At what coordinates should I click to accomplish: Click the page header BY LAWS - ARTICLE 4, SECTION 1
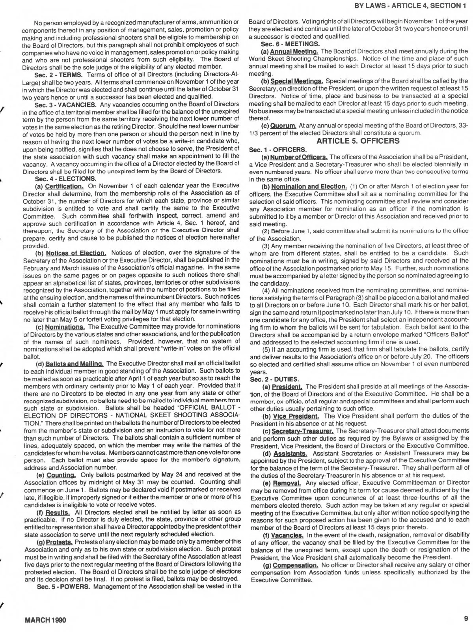[410, 6]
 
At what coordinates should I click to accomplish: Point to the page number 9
[466, 619]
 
